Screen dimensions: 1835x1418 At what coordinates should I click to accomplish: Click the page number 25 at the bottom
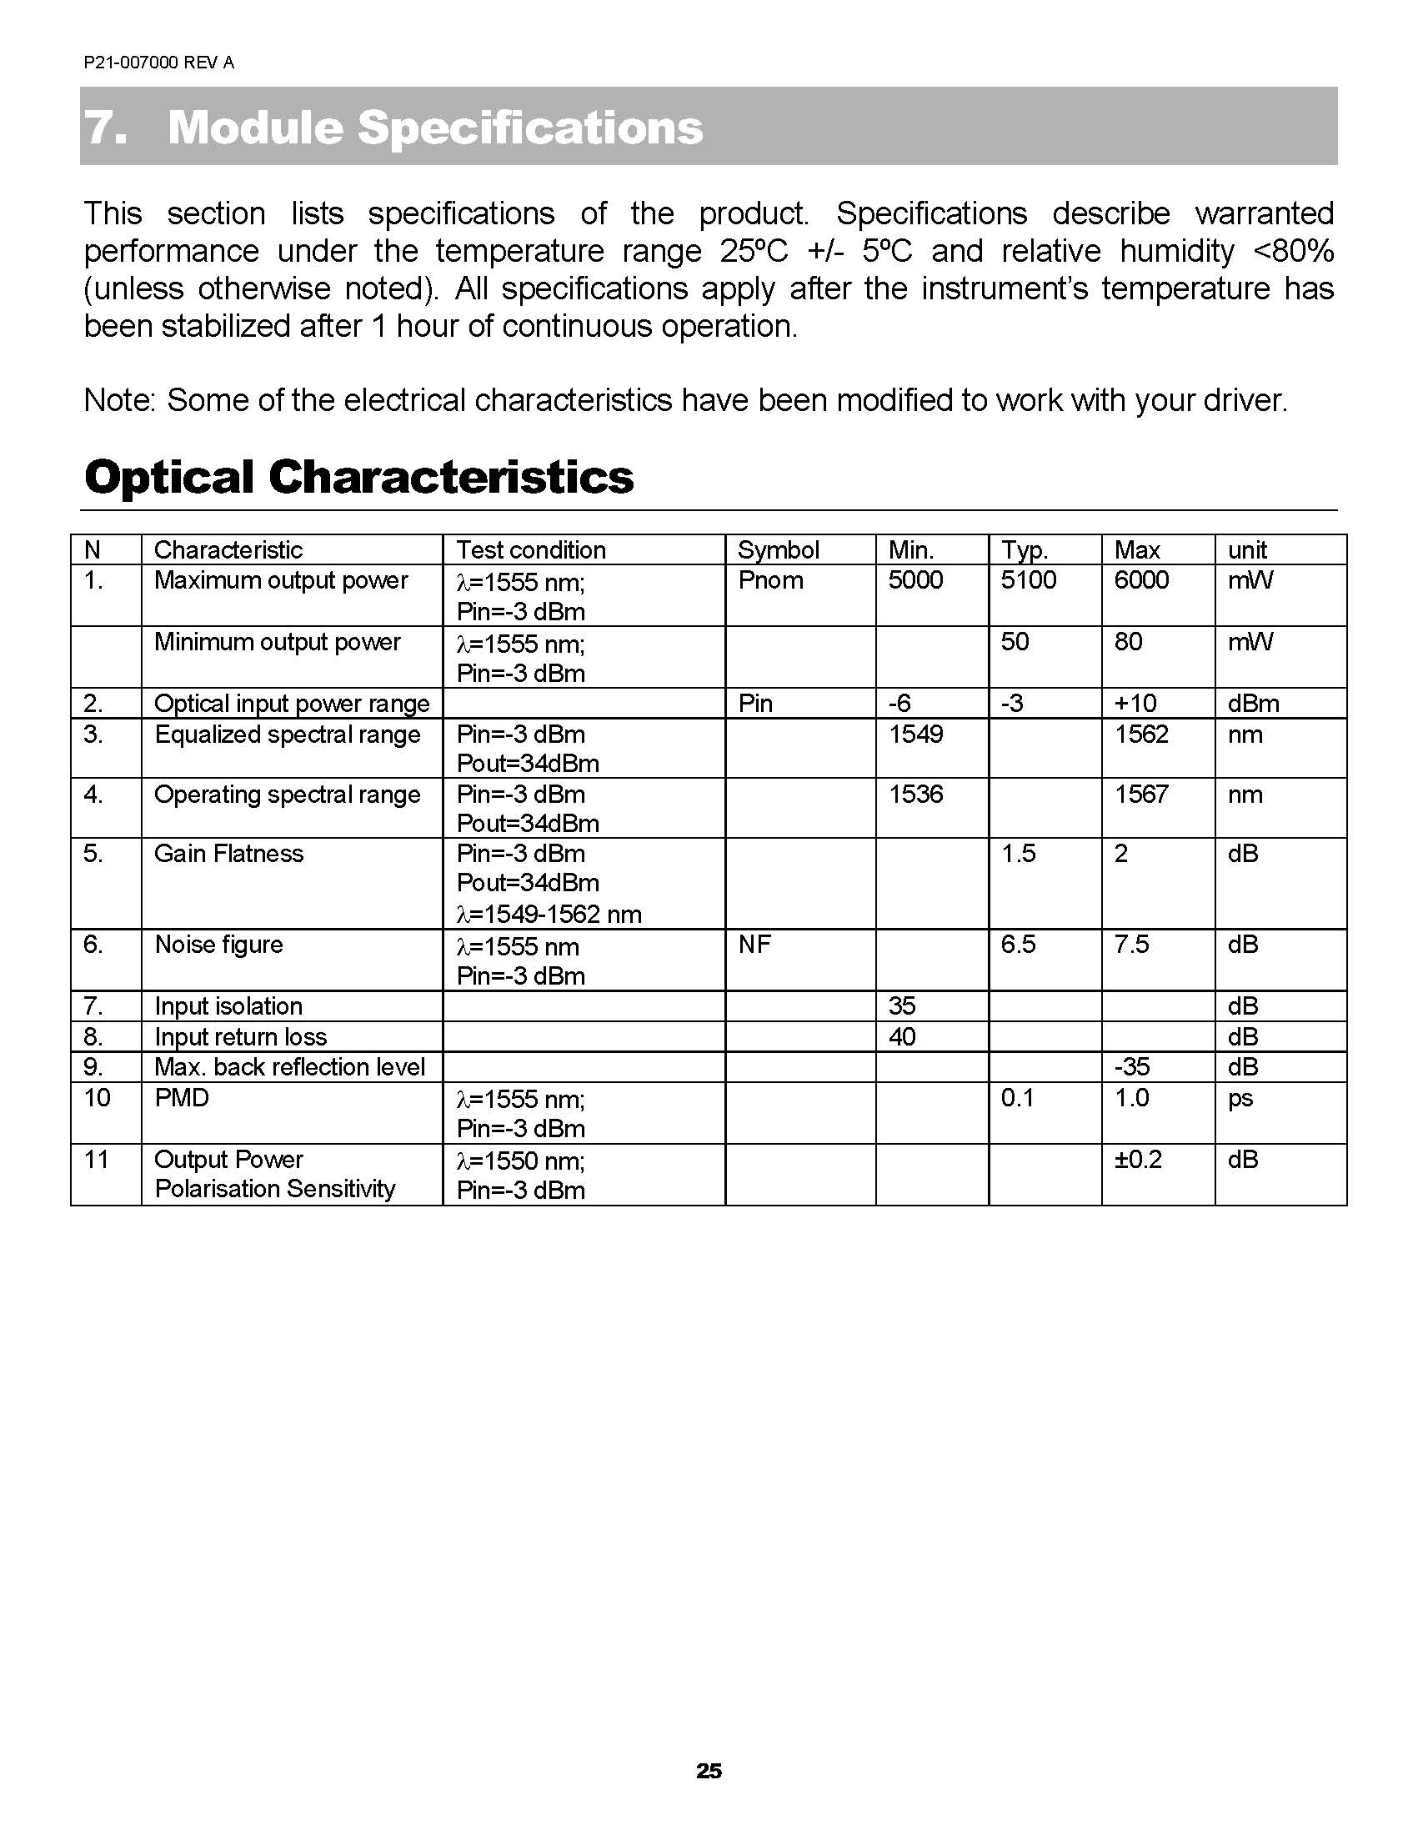pyautogui.click(x=708, y=1770)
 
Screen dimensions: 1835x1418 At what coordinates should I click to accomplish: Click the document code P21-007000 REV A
pyautogui.click(x=158, y=63)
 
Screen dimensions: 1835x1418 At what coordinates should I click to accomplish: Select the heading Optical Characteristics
pyautogui.click(x=358, y=477)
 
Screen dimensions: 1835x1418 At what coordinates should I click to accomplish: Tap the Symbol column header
pyautogui.click(x=778, y=550)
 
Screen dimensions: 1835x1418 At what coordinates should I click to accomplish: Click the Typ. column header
pyautogui.click(x=1024, y=550)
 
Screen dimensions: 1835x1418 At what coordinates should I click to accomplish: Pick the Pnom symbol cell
pyautogui.click(x=770, y=580)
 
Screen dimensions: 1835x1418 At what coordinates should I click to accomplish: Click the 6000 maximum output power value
pyautogui.click(x=1140, y=580)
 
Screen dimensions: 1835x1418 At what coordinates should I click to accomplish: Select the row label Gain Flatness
pyautogui.click(x=228, y=854)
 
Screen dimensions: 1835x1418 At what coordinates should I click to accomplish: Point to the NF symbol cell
pyautogui.click(x=754, y=945)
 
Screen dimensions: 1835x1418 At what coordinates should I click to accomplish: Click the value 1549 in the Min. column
pyautogui.click(x=915, y=735)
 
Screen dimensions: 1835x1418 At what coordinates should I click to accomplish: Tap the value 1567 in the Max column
pyautogui.click(x=1140, y=794)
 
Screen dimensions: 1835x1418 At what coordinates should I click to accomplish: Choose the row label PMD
pyautogui.click(x=182, y=1098)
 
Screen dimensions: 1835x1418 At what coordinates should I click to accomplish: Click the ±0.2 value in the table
pyautogui.click(x=1137, y=1160)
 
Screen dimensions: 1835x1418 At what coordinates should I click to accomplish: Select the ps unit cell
pyautogui.click(x=1240, y=1098)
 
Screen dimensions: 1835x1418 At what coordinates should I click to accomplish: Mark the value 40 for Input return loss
pyautogui.click(x=901, y=1037)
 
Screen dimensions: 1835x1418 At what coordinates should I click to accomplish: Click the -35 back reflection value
pyautogui.click(x=1131, y=1067)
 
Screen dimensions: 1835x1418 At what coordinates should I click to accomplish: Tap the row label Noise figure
pyautogui.click(x=218, y=945)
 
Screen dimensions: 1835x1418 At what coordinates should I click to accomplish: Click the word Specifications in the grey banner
pyautogui.click(x=529, y=128)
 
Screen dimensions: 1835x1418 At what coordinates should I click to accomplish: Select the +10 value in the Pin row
pyautogui.click(x=1135, y=704)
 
